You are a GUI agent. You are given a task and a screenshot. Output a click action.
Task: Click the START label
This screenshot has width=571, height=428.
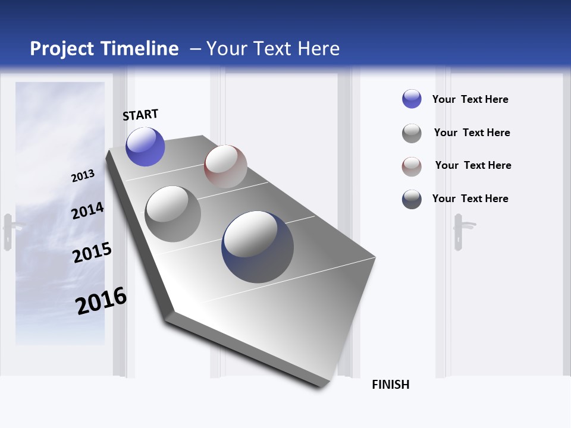[140, 115]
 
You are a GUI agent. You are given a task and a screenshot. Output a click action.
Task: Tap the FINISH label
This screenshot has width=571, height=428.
[390, 385]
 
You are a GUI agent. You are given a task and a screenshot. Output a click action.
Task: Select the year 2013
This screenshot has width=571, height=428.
[83, 176]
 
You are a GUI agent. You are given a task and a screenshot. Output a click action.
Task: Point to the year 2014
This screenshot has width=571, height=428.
[87, 211]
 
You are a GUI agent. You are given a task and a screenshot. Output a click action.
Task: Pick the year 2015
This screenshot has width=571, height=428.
[92, 253]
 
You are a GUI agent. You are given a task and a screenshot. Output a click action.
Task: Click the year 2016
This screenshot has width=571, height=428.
[101, 301]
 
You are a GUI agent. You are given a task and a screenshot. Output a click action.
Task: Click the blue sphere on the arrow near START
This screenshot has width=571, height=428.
[145, 147]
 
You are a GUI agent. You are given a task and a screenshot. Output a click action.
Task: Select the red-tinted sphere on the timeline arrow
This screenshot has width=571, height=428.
[225, 166]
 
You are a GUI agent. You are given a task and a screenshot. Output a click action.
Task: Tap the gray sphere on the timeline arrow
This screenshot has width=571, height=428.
[172, 214]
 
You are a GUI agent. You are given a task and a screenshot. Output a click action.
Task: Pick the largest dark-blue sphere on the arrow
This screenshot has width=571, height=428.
[258, 247]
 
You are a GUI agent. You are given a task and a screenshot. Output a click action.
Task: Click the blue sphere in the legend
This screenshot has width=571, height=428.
[412, 99]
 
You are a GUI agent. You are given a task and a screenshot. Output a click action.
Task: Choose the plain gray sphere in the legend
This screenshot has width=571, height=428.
[412, 133]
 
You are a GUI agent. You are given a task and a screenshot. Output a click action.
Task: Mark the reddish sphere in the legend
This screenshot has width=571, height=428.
[412, 166]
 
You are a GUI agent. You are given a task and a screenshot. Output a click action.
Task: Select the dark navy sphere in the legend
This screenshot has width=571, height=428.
[412, 199]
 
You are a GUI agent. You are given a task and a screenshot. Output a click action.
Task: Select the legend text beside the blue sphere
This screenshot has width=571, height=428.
[470, 99]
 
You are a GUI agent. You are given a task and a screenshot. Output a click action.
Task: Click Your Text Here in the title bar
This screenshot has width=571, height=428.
[273, 49]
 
